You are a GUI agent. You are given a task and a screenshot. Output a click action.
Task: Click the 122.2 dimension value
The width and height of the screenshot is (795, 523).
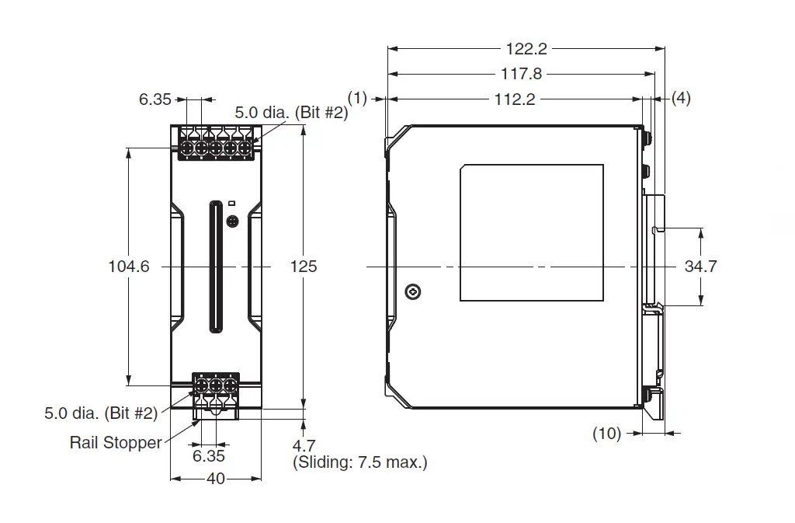coord(526,49)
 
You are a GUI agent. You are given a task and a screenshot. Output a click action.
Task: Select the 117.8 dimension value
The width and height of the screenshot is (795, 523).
coord(521,74)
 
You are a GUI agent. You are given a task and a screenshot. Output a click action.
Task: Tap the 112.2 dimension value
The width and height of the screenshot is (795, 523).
coord(515,99)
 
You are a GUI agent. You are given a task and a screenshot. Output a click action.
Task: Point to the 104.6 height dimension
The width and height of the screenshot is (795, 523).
coord(129,267)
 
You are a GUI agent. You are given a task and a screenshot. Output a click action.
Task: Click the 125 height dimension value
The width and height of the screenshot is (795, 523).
coord(304,267)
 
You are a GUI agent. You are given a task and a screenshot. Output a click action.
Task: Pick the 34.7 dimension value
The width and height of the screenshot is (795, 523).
coord(701,267)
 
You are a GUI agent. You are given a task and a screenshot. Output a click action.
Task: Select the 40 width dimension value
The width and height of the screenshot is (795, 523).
coord(216,479)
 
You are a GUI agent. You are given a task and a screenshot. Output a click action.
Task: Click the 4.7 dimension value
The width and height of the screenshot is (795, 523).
coord(304,446)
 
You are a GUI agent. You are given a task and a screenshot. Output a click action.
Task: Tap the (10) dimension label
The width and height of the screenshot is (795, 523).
coord(607,433)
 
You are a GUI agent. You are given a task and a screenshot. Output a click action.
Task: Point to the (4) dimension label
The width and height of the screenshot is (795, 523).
coord(681,98)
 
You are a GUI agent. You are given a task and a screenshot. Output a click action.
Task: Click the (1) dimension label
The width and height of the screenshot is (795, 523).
coord(357,98)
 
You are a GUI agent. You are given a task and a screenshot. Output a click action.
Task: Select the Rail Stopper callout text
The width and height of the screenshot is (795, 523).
coord(116,442)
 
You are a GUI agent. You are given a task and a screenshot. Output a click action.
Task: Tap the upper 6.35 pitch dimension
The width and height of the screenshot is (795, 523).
coord(155,99)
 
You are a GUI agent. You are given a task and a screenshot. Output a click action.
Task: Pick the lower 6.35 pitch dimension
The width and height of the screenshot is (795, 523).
coord(208,456)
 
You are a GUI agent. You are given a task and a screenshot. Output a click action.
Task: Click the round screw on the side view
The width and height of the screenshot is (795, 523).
coord(413,291)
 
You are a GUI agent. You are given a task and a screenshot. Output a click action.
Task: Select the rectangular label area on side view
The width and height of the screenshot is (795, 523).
coord(532,233)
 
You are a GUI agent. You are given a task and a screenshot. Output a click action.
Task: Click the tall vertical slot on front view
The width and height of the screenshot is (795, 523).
coord(216,267)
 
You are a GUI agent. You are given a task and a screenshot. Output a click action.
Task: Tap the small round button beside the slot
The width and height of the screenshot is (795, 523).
coord(232,221)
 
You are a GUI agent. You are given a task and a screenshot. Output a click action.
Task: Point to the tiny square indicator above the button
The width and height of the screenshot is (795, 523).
coord(231,204)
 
